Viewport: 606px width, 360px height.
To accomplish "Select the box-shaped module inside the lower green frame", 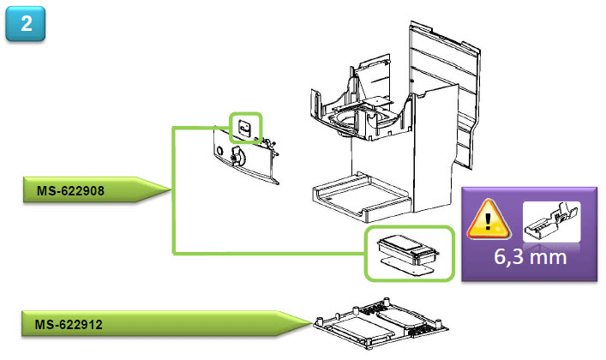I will click(x=408, y=246).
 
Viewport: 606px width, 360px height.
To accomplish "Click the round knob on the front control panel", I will click(x=237, y=156).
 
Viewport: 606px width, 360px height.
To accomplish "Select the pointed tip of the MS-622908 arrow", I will click(x=171, y=190).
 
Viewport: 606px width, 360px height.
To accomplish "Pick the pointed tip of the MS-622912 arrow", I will click(x=308, y=325).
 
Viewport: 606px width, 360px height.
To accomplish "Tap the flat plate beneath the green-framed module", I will click(x=407, y=265).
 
